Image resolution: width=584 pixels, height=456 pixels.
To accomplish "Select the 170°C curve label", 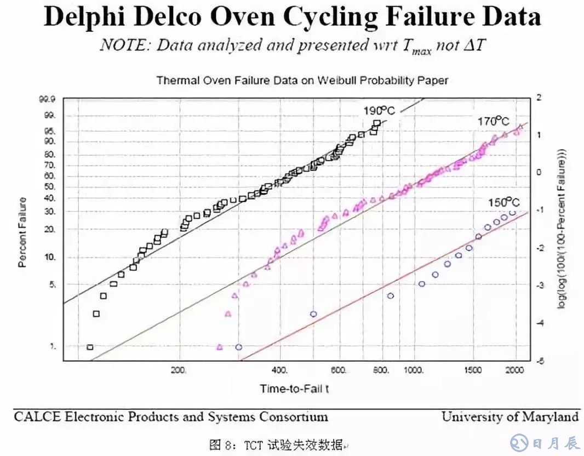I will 493,121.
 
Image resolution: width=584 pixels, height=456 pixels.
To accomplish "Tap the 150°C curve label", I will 503,203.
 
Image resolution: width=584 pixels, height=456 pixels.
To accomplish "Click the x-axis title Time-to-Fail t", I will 294,389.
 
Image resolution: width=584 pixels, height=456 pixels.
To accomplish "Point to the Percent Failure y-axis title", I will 22,232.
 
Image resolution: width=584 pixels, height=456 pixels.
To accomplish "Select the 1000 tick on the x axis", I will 414,370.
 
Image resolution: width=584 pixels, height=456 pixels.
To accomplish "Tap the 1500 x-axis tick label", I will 473,370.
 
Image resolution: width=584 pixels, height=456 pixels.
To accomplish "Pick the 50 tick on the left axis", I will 50,187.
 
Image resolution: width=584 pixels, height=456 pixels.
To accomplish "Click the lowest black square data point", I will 90,347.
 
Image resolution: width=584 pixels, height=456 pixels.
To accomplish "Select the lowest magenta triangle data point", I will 219,347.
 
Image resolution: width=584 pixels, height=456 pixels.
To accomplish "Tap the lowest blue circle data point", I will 238,347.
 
